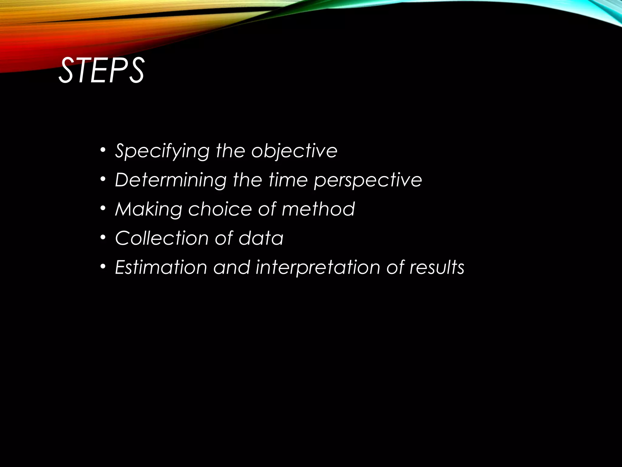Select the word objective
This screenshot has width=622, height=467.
pos(294,151)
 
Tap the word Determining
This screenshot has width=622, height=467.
pos(171,180)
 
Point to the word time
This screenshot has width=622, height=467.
pos(288,180)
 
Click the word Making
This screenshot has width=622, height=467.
pos(149,209)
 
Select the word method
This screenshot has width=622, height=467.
pos(318,209)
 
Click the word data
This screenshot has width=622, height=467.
pos(261,238)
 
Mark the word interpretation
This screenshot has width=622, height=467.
pos(318,268)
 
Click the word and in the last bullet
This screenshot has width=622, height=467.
pos(231,267)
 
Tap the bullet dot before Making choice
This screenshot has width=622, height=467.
pos(103,209)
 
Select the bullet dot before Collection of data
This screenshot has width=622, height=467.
pos(103,237)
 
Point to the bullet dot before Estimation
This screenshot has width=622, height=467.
pos(103,267)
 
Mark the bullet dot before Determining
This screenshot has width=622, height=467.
pos(103,179)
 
